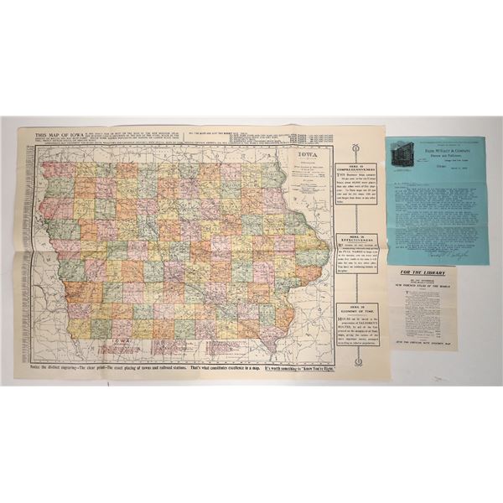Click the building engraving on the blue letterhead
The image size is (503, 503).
[x=407, y=150]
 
